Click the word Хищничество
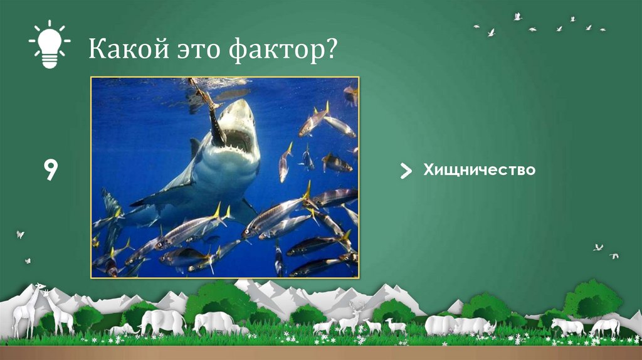click(479, 169)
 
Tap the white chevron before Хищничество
click(406, 170)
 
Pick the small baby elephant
click(122, 329)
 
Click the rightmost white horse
click(604, 327)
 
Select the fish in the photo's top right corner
click(350, 93)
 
